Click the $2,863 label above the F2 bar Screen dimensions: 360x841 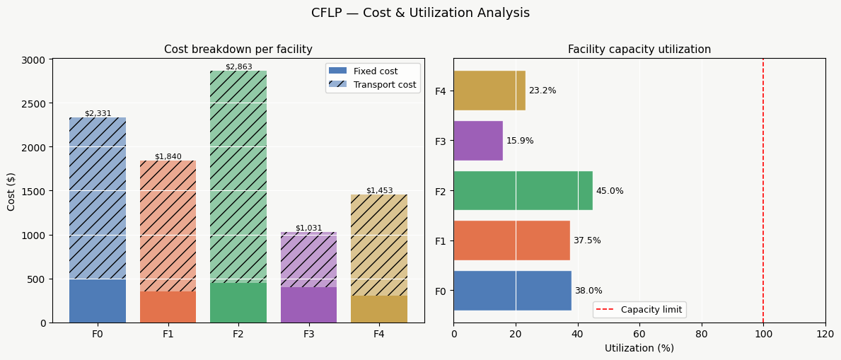pos(238,66)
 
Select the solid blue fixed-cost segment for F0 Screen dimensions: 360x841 pos(98,301)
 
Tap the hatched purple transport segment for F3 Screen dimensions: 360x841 pos(308,259)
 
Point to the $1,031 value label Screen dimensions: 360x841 pos(308,228)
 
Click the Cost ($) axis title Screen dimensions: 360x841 pos(11,191)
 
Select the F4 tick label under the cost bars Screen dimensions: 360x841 pos(379,333)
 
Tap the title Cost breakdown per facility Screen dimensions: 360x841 pos(238,50)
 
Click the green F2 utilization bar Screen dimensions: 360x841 pos(523,191)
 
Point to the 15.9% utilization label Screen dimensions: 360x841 pos(520,141)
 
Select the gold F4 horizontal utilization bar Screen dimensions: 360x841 pos(489,91)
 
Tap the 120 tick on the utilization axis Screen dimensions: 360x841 pos(825,333)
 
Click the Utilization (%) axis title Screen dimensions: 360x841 pos(639,348)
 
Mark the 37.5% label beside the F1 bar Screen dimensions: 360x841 pos(587,240)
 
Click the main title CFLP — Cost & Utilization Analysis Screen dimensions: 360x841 pos(420,13)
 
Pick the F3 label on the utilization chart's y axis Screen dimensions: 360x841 pos(441,141)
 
